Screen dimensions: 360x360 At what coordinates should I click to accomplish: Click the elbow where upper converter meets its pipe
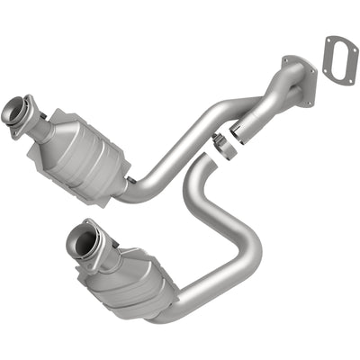(135, 189)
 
